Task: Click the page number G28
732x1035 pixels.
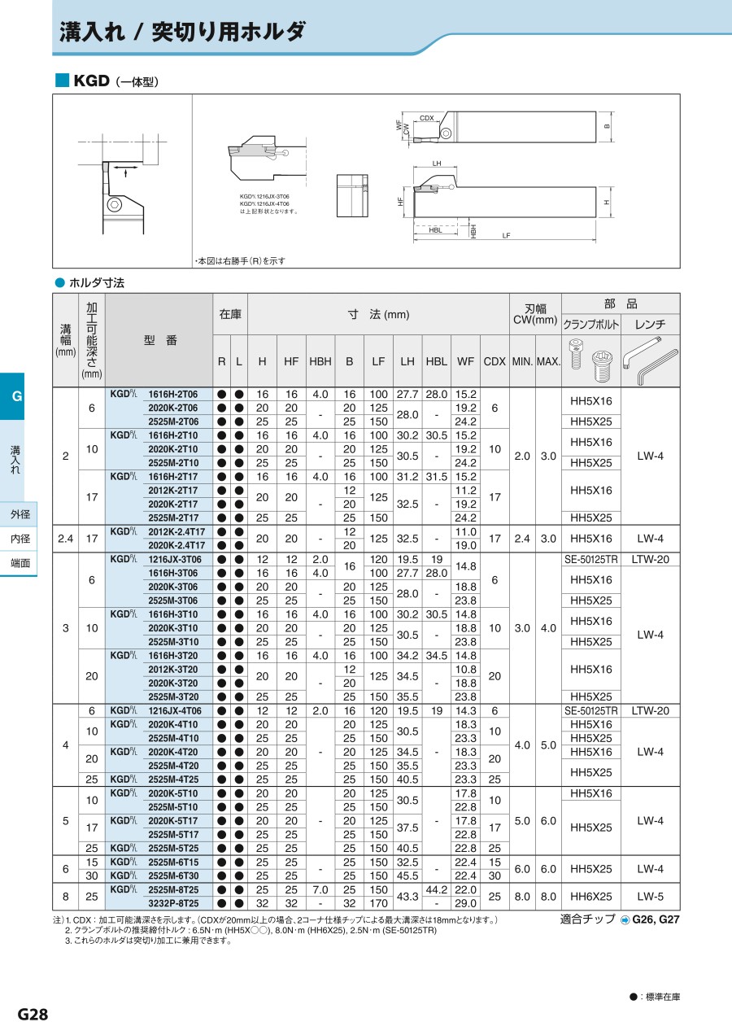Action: coord(33,1014)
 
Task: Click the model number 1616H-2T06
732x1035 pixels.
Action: coord(172,394)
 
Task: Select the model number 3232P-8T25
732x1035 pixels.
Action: coord(172,904)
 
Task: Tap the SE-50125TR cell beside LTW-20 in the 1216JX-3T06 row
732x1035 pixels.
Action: coord(591,560)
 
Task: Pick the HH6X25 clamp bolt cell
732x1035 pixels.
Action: coord(591,897)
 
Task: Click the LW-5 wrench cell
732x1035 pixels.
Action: coord(650,897)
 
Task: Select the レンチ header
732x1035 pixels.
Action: coord(650,324)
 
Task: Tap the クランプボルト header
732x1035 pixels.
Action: coord(591,324)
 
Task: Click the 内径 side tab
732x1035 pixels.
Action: coord(20,539)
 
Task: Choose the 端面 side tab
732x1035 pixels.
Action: coord(20,563)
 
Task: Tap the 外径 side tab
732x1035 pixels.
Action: coord(20,514)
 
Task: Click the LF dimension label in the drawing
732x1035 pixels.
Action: coord(506,235)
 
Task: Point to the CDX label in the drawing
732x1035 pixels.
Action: coord(427,118)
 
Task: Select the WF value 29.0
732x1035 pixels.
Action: coord(465,904)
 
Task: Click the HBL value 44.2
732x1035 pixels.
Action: coord(437,890)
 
